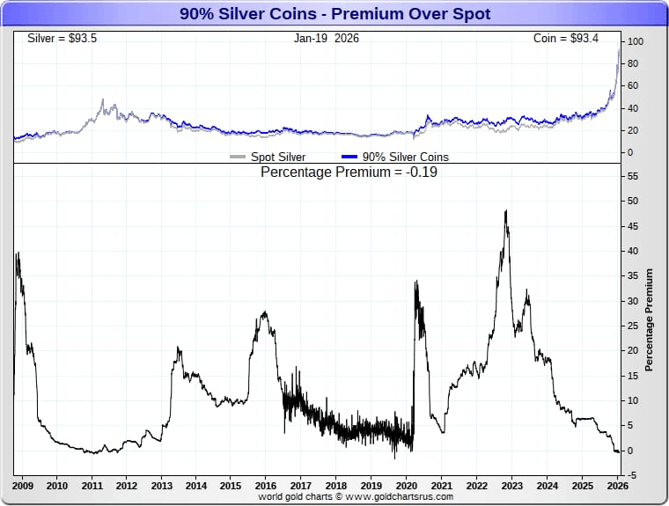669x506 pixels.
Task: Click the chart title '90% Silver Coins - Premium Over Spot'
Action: point(334,14)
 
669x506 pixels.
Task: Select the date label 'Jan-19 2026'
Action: point(327,39)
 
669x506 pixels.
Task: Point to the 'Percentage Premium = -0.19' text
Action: point(349,172)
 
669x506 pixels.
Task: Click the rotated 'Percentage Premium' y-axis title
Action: point(649,319)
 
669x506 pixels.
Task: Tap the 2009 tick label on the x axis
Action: point(23,485)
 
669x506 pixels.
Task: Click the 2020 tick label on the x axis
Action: point(406,485)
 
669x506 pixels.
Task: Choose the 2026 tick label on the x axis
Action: point(616,485)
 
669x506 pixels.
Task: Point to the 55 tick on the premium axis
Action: point(631,176)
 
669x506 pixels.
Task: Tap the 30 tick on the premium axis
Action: point(631,301)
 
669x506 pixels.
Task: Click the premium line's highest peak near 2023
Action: point(505,211)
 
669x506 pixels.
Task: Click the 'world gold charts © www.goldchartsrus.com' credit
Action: point(356,496)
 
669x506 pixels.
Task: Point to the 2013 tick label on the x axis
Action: point(162,485)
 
